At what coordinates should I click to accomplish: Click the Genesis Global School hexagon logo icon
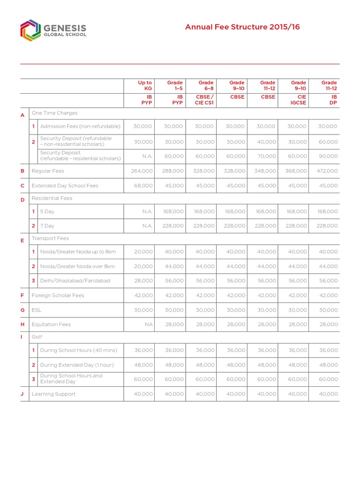point(29,30)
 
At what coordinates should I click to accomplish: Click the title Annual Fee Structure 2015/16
point(242,27)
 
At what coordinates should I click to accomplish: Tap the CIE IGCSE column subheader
point(298,100)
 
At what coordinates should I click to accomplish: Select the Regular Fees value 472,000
point(327,171)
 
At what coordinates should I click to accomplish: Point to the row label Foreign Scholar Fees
point(58,295)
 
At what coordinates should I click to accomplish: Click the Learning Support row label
point(53,394)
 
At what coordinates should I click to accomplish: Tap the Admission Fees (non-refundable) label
point(80,127)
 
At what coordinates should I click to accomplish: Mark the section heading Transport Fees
point(50,239)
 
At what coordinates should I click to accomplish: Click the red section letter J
point(22,394)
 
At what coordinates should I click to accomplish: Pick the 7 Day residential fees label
point(47,226)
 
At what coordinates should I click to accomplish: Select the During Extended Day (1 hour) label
point(77,365)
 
